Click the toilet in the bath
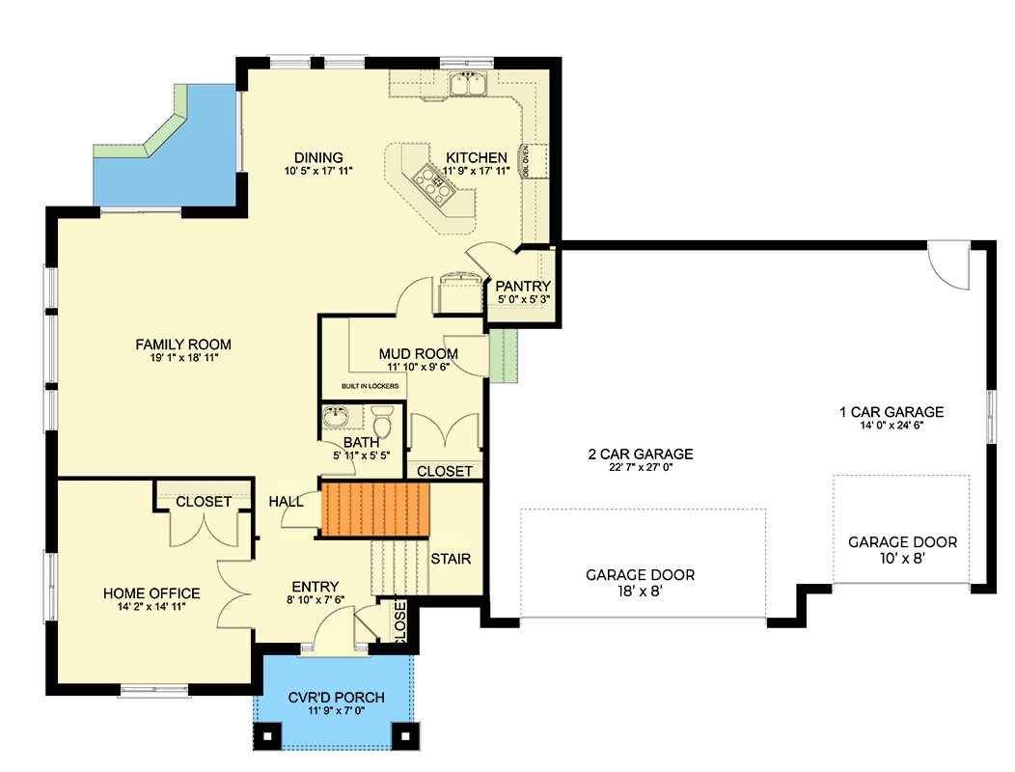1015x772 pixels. pyautogui.click(x=382, y=424)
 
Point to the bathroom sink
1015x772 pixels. pyautogui.click(x=336, y=418)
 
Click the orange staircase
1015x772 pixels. pyautogui.click(x=374, y=510)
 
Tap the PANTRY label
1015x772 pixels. pyautogui.click(x=523, y=287)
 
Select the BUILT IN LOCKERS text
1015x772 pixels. pyautogui.click(x=370, y=386)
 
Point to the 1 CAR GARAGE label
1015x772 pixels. pyautogui.click(x=891, y=412)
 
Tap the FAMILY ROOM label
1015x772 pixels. pyautogui.click(x=183, y=345)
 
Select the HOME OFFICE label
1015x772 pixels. pyautogui.click(x=151, y=593)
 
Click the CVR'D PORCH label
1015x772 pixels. pyautogui.click(x=337, y=698)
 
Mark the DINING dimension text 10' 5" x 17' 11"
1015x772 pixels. pyautogui.click(x=318, y=171)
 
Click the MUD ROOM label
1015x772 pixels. pyautogui.click(x=418, y=354)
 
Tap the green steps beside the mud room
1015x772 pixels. pyautogui.click(x=504, y=353)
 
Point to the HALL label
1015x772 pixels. pyautogui.click(x=286, y=502)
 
